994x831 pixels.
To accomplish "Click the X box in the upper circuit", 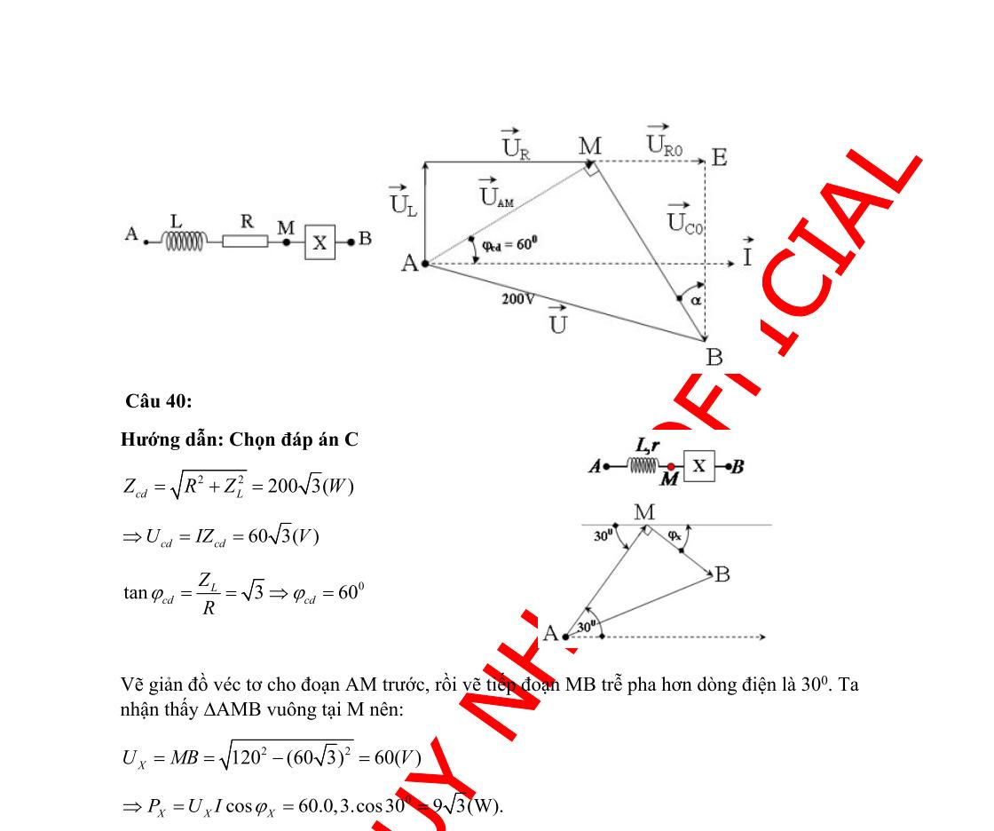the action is [320, 241].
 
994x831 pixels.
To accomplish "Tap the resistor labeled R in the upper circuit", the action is [245, 241].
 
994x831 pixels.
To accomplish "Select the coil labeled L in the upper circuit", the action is [185, 241].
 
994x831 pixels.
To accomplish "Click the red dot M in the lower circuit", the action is [671, 466].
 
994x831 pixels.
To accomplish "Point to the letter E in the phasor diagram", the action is [720, 158].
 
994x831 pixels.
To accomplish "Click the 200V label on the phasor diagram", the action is [517, 300].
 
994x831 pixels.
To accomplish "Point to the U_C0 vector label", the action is [685, 217].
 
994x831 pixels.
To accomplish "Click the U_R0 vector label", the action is [663, 142].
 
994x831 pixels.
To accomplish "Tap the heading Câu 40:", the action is [158, 401].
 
